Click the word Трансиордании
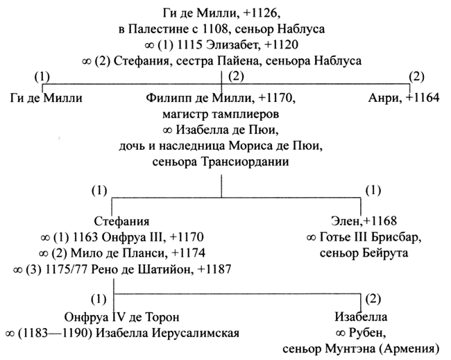pos(244,162)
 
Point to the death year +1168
pos(380,221)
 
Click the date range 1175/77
pos(66,270)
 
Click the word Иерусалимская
pos(196,334)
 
